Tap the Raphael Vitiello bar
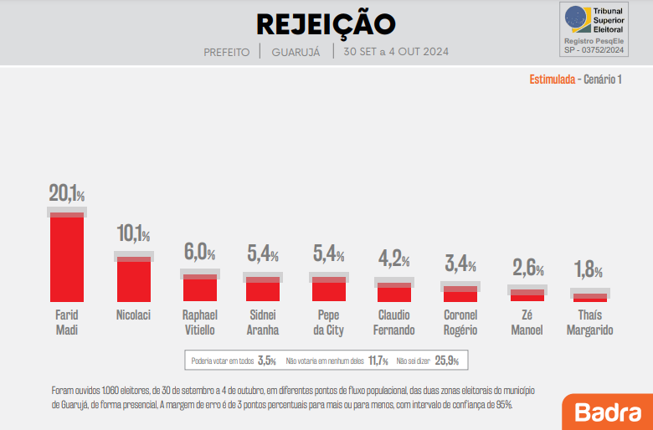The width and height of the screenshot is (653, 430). (x=200, y=288)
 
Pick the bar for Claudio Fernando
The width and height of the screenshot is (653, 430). (x=394, y=293)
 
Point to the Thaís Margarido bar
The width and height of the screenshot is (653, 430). (x=590, y=297)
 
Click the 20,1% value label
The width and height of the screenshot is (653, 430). (x=67, y=194)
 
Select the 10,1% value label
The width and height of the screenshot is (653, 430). (x=134, y=234)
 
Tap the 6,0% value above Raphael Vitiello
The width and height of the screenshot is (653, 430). (x=200, y=251)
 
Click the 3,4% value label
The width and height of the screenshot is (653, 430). (x=460, y=265)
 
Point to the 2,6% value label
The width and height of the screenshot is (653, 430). (x=527, y=269)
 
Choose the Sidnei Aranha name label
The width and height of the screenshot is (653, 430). (x=263, y=322)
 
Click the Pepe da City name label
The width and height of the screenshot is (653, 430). (x=328, y=322)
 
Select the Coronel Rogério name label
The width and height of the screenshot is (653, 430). (x=460, y=322)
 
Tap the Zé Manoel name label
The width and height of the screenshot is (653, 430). (x=527, y=322)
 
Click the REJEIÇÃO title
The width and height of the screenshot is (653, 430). (x=326, y=23)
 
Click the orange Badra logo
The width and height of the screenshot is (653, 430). (x=607, y=412)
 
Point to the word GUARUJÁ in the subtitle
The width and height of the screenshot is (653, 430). (x=296, y=52)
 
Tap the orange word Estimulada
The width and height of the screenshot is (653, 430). (x=552, y=79)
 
